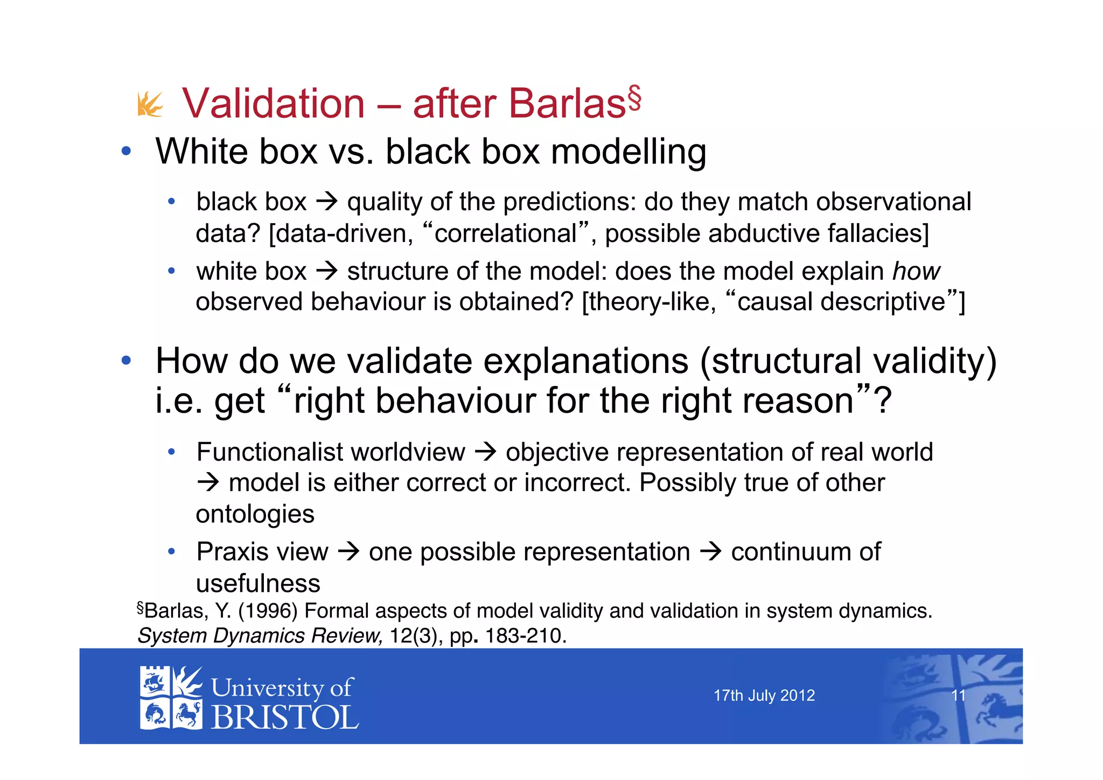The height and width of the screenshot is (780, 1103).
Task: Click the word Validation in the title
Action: point(274,103)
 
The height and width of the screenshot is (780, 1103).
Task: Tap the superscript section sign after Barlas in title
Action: point(634,98)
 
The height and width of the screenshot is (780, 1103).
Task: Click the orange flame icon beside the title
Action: point(150,104)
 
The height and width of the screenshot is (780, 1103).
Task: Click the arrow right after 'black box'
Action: point(326,202)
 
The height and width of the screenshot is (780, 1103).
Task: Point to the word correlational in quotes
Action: point(505,234)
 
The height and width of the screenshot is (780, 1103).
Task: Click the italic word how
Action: point(916,271)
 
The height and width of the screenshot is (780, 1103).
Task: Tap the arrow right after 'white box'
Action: point(326,271)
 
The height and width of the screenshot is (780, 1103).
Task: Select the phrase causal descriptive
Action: point(841,302)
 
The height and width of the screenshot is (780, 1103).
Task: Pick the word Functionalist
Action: point(330,452)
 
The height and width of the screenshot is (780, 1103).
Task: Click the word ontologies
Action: point(255,514)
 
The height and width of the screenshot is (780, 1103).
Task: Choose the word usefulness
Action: point(258,584)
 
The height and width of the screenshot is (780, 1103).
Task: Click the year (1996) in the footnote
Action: point(268,611)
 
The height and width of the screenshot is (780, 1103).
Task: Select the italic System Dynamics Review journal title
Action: point(260,636)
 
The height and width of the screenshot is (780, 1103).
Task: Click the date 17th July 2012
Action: point(764,695)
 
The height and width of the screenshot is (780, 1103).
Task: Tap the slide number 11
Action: point(958,695)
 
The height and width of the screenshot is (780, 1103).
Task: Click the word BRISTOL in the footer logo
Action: point(284,718)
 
